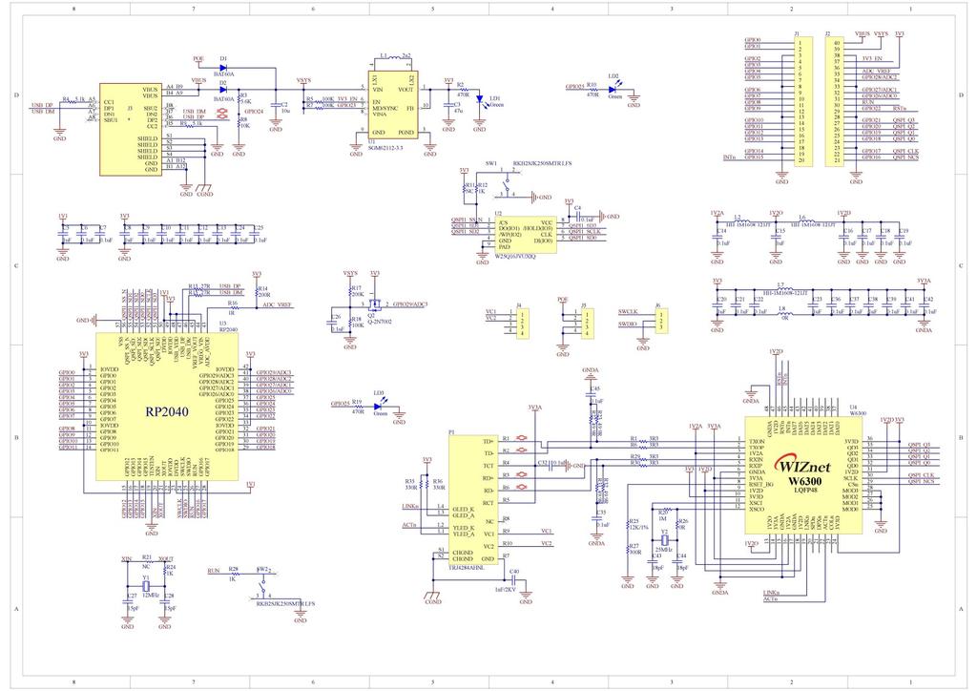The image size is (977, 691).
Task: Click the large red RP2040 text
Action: [167, 412]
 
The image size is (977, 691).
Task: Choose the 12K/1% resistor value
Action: [638, 527]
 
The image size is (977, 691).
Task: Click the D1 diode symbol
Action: [222, 67]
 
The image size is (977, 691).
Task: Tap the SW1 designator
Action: [490, 163]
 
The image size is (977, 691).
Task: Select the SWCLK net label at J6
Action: [627, 311]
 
